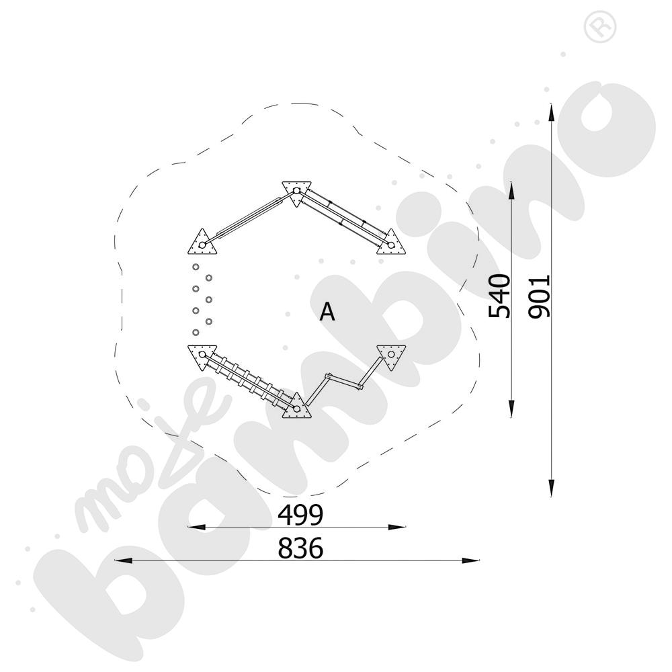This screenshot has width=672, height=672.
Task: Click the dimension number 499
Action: (x=300, y=515)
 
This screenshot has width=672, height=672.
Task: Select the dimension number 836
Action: (x=300, y=548)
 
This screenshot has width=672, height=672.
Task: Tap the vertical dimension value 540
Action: (x=500, y=296)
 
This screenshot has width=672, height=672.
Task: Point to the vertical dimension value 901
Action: (x=539, y=297)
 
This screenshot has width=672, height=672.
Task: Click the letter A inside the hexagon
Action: (x=327, y=312)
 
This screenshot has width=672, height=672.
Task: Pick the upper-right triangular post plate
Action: (x=390, y=243)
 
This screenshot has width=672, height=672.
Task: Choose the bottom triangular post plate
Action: (x=296, y=407)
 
